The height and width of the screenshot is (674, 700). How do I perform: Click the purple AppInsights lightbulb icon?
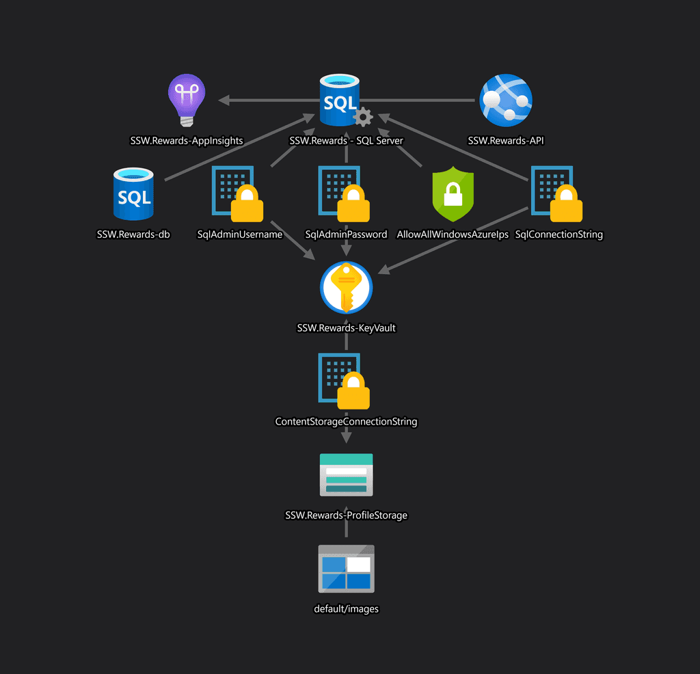(187, 101)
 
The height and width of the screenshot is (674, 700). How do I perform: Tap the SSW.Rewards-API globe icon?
(506, 101)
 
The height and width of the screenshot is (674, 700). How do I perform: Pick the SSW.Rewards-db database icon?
(134, 196)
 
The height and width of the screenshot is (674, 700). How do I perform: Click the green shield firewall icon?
(453, 194)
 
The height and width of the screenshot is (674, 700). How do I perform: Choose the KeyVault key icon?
(346, 288)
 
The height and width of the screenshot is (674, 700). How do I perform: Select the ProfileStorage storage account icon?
(346, 474)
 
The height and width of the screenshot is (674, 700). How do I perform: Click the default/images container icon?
(346, 569)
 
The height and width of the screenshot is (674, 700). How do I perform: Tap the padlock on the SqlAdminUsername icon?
(247, 204)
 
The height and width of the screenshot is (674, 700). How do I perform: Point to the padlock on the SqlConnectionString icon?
(566, 204)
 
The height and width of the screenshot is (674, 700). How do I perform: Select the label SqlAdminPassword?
(346, 234)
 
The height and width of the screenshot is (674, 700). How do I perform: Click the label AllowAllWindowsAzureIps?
(453, 234)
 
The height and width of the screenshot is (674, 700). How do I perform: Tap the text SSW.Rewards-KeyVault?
(346, 328)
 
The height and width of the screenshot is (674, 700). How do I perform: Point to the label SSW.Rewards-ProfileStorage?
(346, 515)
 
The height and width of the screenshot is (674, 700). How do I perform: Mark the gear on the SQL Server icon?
(363, 117)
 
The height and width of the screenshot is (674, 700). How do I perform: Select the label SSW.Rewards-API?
(506, 141)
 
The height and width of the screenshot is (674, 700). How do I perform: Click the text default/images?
(346, 608)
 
